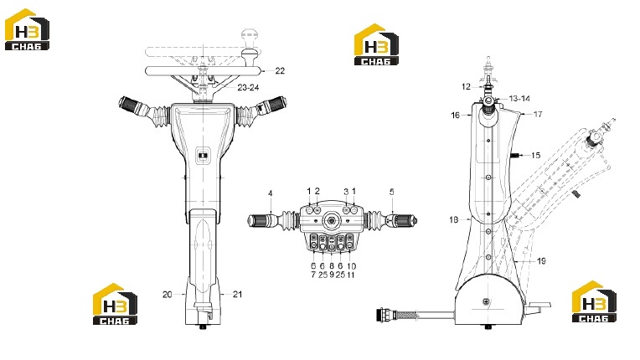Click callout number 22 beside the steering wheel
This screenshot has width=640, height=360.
(x=280, y=71)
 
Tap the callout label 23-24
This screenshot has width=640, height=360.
(x=248, y=88)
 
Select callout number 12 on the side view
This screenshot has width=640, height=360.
(x=466, y=87)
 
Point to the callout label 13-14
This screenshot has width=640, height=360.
(x=519, y=99)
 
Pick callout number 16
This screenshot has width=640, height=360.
(x=455, y=116)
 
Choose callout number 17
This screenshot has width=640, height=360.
(x=538, y=115)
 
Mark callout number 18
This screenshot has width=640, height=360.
(x=454, y=220)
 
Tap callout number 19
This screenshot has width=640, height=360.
(x=541, y=261)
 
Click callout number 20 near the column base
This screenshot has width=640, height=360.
(x=168, y=295)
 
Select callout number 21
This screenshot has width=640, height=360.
(x=238, y=295)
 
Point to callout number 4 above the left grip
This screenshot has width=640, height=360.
(x=271, y=193)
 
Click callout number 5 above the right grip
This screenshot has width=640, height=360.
(x=392, y=192)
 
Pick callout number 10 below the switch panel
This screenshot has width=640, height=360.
(x=351, y=266)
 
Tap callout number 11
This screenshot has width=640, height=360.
(x=351, y=275)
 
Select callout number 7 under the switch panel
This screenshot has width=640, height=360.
(x=313, y=275)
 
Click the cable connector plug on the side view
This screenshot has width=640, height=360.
(x=385, y=315)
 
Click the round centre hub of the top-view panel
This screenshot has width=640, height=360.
(x=332, y=221)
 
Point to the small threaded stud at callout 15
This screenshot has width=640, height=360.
(x=515, y=156)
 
